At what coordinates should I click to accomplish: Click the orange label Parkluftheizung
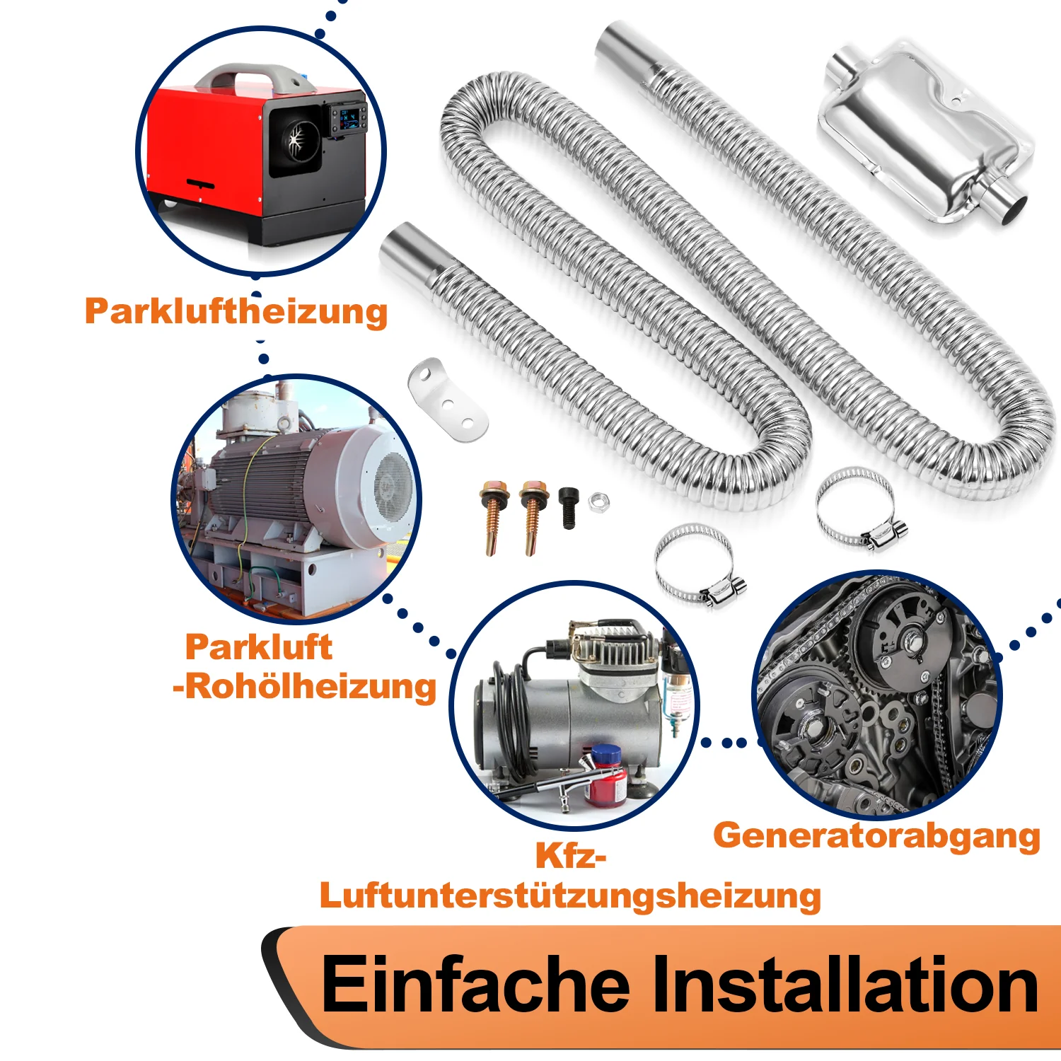236,311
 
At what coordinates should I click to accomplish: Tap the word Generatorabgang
876,836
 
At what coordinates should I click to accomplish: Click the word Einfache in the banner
475,985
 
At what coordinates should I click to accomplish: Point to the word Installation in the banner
845,985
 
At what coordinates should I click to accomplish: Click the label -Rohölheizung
304,686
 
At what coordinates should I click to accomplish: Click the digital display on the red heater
348,118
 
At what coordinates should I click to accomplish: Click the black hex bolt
569,506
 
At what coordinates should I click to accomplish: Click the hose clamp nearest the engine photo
859,508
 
